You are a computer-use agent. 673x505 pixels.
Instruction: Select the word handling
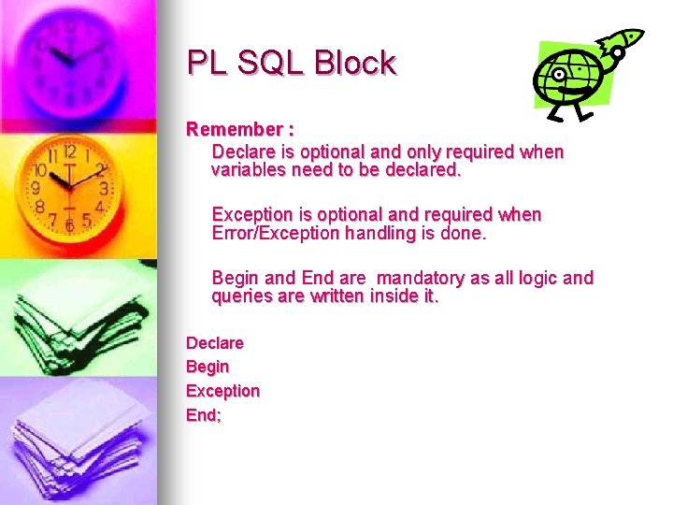click(366, 234)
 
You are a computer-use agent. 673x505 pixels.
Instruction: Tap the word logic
click(539, 278)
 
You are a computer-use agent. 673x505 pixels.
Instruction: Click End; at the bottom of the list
click(204, 415)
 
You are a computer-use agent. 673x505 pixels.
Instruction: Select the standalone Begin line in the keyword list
click(208, 367)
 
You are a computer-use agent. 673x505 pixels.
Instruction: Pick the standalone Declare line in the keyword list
click(215, 343)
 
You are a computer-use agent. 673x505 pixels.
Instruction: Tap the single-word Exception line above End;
click(222, 391)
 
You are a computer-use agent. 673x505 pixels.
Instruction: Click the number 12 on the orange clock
click(69, 151)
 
